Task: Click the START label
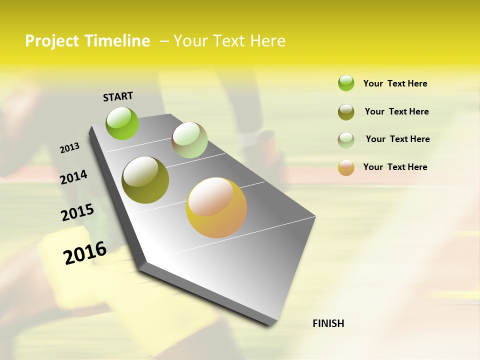click(118, 96)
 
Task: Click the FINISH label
click(328, 323)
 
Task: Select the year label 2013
click(69, 148)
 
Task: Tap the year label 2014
click(73, 177)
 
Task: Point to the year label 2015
click(77, 212)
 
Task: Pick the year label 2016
click(85, 253)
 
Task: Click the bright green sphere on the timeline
click(122, 123)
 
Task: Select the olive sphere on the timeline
click(145, 180)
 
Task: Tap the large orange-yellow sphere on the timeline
click(216, 207)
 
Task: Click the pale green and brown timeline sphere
click(189, 140)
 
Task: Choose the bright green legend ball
click(346, 83)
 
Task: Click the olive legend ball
click(346, 112)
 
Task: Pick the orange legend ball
click(346, 167)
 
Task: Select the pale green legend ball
click(346, 139)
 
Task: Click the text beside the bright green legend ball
click(395, 84)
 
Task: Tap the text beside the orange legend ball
click(395, 167)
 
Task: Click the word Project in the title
click(52, 41)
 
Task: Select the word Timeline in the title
click(117, 41)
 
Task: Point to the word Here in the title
click(267, 41)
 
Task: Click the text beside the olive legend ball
click(396, 111)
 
